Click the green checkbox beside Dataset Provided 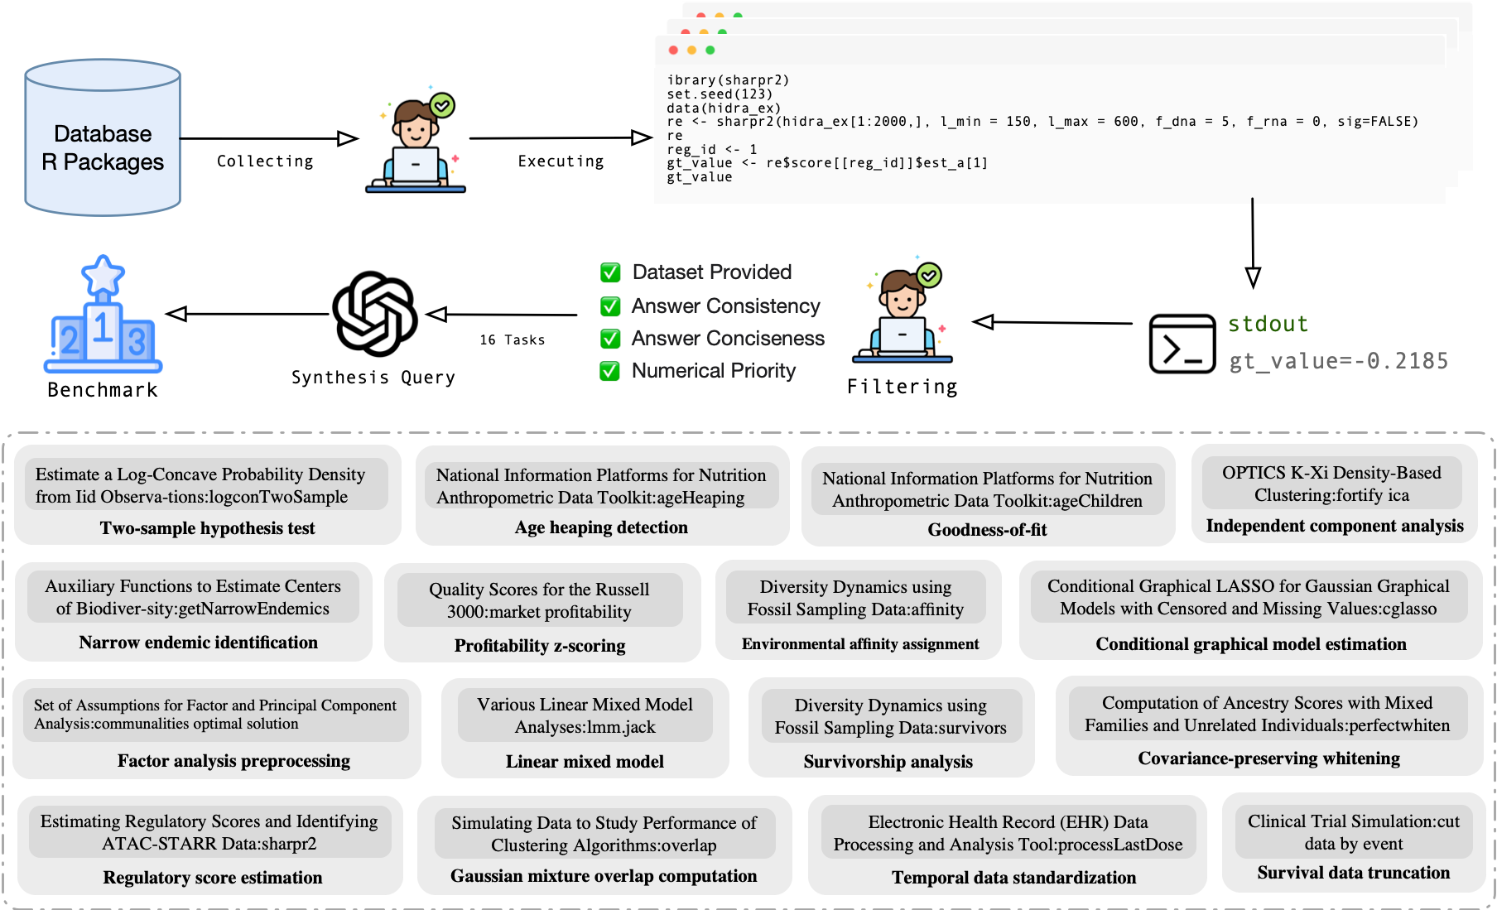(610, 272)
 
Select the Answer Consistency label (725, 306)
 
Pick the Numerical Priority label (713, 370)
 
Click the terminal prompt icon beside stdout (1182, 343)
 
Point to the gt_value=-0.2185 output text (1338, 361)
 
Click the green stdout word (1267, 324)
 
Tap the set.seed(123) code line (720, 94)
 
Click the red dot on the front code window (673, 51)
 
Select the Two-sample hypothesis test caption (207, 528)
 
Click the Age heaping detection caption (601, 527)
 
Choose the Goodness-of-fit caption (987, 530)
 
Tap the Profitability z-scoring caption (540, 646)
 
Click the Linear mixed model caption (585, 762)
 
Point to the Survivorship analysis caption (888, 762)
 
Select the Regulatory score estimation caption (212, 878)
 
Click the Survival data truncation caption (1353, 873)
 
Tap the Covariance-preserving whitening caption (1268, 758)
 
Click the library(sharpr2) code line (728, 80)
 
